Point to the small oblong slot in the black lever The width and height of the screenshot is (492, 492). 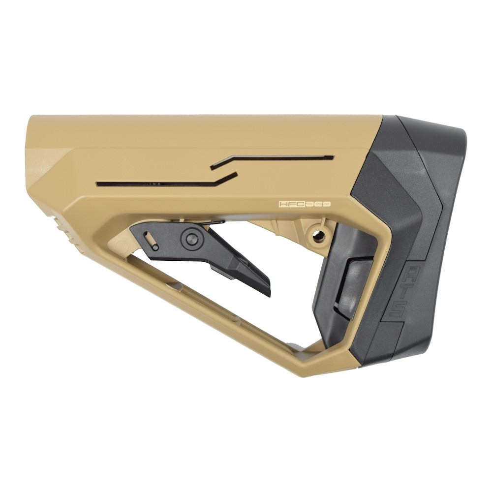click(x=151, y=238)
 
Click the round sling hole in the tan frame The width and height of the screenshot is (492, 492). click(x=319, y=235)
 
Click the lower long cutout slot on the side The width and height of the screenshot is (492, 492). click(x=157, y=184)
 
